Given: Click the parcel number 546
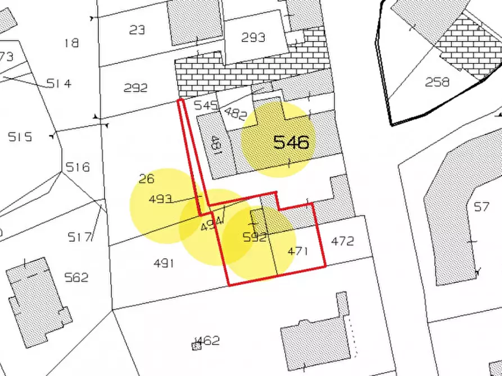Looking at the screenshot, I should (291, 142).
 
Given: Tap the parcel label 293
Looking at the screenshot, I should (253, 38).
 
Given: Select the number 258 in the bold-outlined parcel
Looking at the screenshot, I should (437, 82).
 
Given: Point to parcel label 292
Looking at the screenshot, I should (135, 88).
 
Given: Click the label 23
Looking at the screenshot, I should (137, 30).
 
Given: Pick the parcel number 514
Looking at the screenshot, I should (59, 84).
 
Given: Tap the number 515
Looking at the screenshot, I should (20, 137).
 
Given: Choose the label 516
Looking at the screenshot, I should (78, 167).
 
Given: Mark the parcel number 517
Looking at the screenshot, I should (79, 237).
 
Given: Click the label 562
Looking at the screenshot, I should (76, 277).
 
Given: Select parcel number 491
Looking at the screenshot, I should (164, 263).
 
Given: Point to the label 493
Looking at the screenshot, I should (160, 199).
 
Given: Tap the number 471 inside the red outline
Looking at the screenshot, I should (298, 251).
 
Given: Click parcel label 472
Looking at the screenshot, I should (343, 241).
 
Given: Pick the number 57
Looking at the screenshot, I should (481, 207).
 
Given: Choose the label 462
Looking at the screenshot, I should (207, 341).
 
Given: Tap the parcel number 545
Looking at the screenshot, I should (206, 105).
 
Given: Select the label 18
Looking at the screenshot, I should (71, 43).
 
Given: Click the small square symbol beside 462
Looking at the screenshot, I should (196, 346).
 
